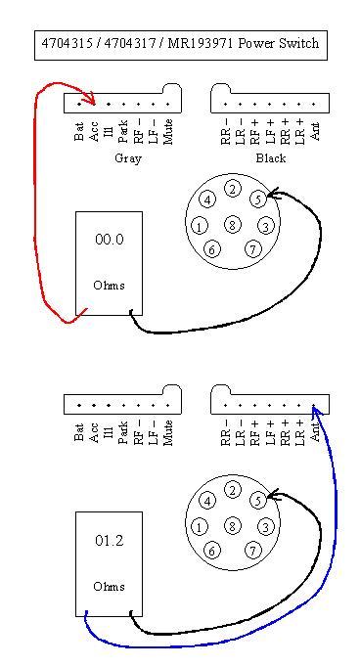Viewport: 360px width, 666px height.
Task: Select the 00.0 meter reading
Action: click(109, 240)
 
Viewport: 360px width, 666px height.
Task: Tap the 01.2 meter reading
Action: click(109, 541)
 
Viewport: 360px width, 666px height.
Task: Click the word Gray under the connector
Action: click(127, 157)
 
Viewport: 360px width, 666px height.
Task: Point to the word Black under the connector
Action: click(270, 157)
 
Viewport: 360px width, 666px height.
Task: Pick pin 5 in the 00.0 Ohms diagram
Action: click(257, 200)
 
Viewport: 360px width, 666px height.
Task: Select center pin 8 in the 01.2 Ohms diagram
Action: click(232, 526)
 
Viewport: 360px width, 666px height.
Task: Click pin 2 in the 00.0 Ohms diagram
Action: click(232, 189)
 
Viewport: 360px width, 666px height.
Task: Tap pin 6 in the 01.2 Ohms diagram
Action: click(211, 551)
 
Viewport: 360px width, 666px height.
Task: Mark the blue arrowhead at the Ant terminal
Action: click(314, 408)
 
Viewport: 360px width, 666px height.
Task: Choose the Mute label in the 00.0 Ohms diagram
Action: click(168, 131)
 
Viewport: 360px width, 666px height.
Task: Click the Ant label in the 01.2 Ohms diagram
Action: click(315, 429)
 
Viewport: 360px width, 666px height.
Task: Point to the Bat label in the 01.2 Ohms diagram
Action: click(79, 431)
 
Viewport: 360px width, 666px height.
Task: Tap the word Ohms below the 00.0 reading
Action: click(109, 286)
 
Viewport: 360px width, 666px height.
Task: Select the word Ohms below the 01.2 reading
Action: click(109, 587)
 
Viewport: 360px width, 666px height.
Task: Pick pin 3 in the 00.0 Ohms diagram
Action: click(264, 227)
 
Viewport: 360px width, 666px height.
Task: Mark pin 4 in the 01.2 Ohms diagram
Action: click(206, 501)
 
